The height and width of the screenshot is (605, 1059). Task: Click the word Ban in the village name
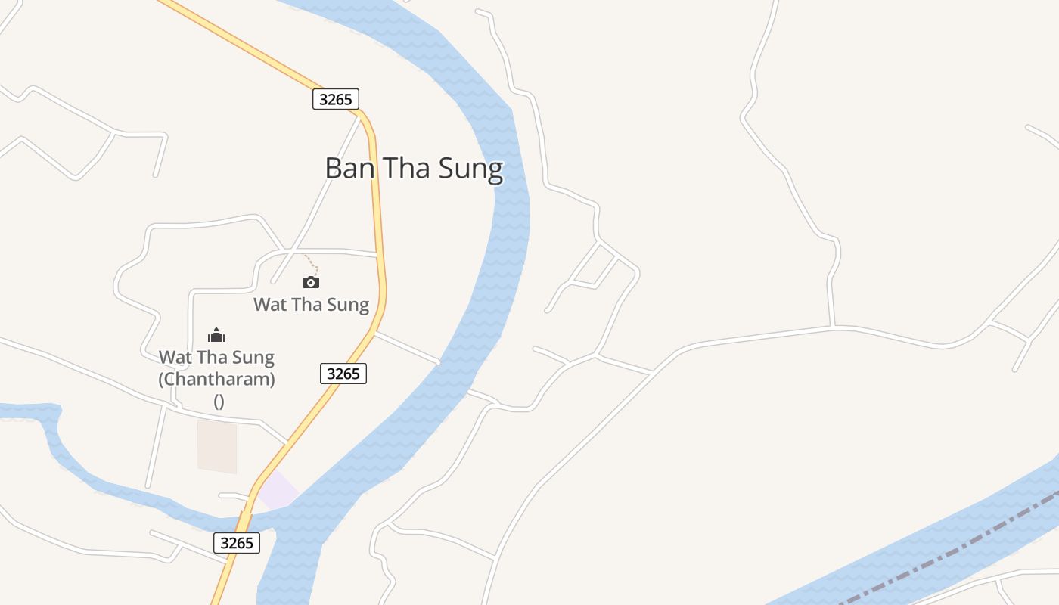point(350,168)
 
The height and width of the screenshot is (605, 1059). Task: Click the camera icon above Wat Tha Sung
point(311,282)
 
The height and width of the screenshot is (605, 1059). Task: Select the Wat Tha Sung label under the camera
point(311,305)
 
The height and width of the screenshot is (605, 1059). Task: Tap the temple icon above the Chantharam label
point(216,335)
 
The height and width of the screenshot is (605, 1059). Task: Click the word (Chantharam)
point(216,379)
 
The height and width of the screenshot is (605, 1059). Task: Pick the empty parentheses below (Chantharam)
point(219,402)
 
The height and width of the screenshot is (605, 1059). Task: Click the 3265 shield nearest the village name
point(335,99)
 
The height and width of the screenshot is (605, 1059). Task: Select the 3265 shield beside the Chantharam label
point(343,374)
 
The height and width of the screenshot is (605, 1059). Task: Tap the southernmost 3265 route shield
point(237,542)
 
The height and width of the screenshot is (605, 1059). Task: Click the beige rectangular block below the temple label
point(217,446)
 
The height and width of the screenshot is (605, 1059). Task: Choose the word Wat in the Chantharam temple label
point(173,357)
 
